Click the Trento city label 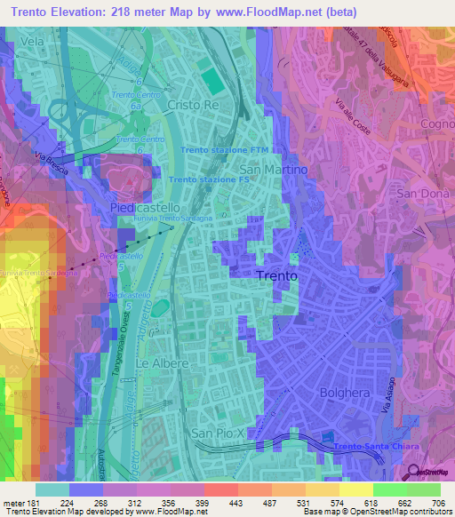276,276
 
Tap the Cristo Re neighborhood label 193,104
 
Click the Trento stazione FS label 207,179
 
